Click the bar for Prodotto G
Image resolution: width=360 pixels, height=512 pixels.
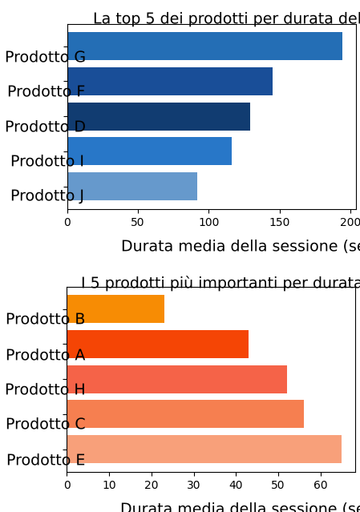click(204, 46)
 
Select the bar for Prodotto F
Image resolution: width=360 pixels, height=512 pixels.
click(170, 82)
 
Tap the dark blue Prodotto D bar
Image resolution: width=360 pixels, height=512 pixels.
click(159, 117)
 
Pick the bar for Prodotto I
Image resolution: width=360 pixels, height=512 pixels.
click(149, 151)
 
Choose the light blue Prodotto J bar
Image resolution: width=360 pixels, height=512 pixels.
click(132, 187)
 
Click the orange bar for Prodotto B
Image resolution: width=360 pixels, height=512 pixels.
click(115, 309)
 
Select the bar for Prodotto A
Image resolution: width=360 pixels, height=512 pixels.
click(158, 345)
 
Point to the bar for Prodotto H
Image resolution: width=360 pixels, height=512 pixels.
click(177, 380)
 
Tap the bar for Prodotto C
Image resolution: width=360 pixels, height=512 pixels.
click(185, 414)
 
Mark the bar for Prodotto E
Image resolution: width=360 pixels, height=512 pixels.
click(204, 450)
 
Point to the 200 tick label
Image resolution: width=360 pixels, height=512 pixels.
click(350, 222)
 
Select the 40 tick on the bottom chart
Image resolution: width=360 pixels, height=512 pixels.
click(236, 485)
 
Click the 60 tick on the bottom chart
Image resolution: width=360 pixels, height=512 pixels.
click(321, 485)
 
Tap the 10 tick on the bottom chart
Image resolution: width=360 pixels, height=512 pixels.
click(109, 485)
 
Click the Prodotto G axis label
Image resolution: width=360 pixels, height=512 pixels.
click(46, 57)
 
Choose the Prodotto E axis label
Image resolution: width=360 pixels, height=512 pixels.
click(46, 460)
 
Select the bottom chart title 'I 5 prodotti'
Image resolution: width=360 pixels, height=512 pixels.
click(220, 283)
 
